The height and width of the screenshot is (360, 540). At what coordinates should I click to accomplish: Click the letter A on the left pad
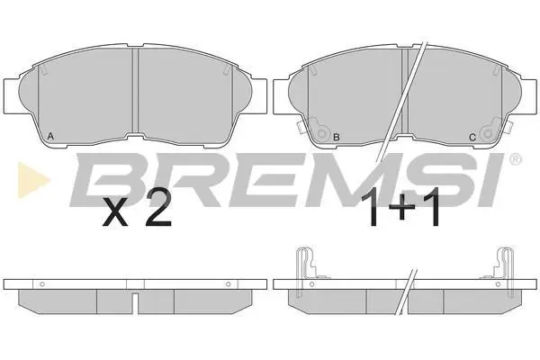[x=50, y=136]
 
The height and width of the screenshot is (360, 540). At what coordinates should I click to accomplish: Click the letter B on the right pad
[x=337, y=137]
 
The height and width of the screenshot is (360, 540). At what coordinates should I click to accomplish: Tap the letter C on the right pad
[x=472, y=138]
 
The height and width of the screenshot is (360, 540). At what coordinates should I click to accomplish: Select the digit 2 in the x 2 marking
[x=158, y=207]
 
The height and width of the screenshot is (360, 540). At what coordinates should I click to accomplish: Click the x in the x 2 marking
[x=115, y=213]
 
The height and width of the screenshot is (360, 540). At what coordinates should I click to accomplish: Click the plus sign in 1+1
[x=400, y=208]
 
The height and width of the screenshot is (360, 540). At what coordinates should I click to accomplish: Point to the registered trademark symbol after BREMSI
[x=515, y=159]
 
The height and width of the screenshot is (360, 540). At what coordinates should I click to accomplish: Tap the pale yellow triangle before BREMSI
[x=33, y=180]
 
